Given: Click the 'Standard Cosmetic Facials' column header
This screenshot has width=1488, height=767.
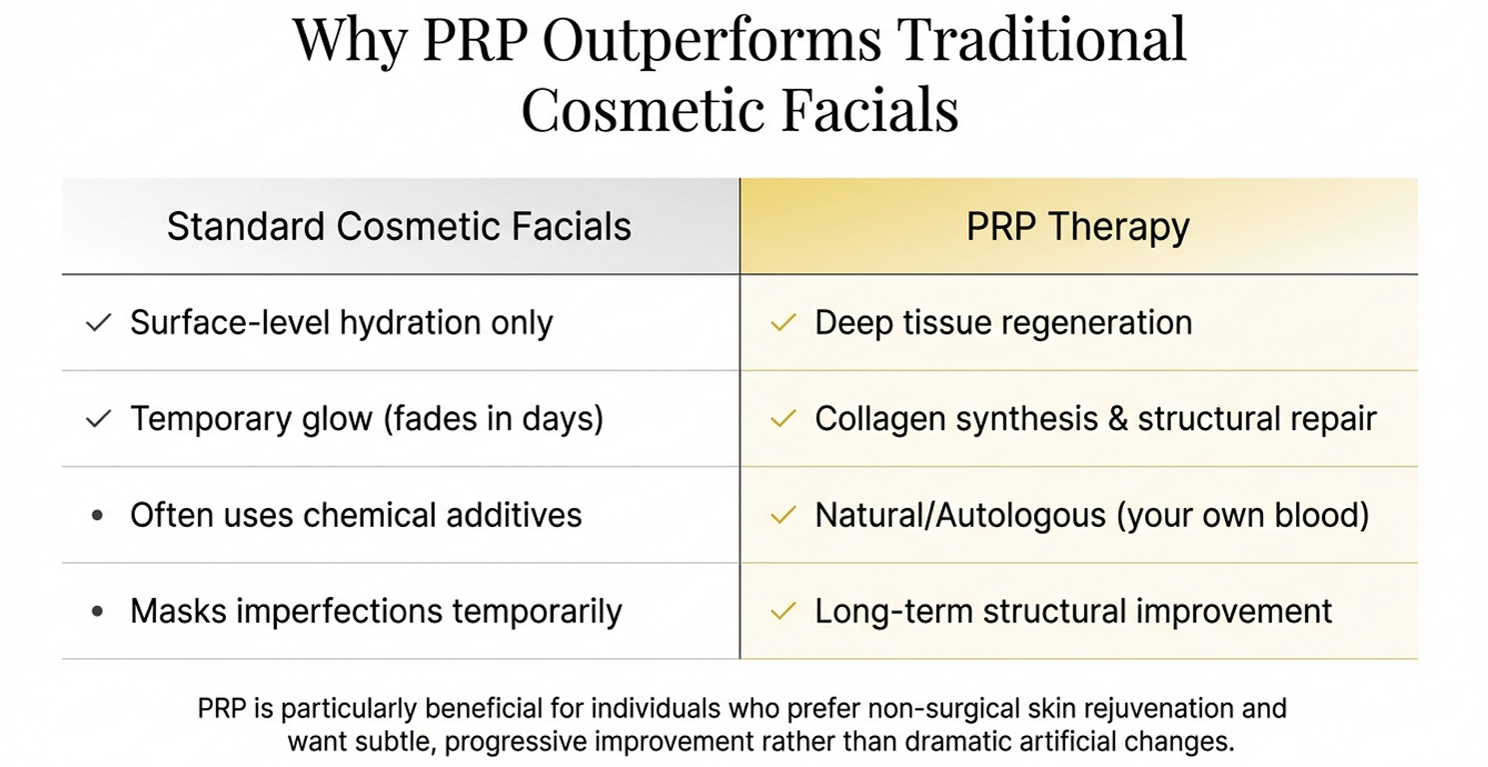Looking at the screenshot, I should pos(399,227).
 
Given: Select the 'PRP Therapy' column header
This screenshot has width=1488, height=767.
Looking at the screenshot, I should pos(1077,227).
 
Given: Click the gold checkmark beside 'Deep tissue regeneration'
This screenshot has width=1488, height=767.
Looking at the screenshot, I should pos(784,323).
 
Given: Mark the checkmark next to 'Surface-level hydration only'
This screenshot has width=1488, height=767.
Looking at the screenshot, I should pos(98,323).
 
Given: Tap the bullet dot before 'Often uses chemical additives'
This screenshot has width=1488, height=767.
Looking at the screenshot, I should pos(97,516).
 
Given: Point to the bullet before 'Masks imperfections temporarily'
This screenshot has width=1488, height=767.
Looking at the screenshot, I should pos(97,612).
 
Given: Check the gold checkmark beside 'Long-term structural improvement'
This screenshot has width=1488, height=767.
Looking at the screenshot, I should pos(784,611).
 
